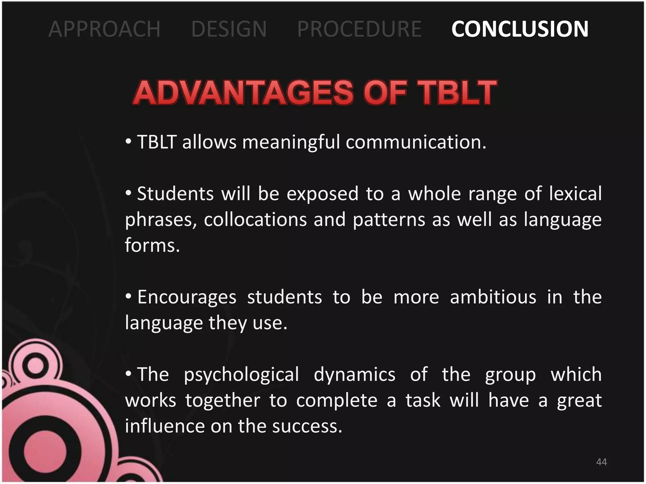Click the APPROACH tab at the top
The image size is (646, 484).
[x=104, y=29]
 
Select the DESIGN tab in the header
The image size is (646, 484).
[x=229, y=29]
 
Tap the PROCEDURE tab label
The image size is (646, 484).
[x=359, y=29]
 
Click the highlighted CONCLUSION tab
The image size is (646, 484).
[x=520, y=29]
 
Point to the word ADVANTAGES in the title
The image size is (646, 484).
[x=244, y=93]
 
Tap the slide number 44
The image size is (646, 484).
[x=602, y=462]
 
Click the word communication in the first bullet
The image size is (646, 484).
[x=415, y=142]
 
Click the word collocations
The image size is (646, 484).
[x=255, y=219]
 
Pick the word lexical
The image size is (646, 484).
[x=575, y=193]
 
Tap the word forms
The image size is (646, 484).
[x=152, y=245]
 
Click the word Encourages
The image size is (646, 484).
[x=187, y=297]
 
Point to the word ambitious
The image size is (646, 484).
[x=493, y=297]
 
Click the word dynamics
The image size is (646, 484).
[x=355, y=375]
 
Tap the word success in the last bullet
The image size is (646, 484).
[x=307, y=426]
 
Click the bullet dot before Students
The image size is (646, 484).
[x=128, y=193]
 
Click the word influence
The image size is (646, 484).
[x=165, y=426]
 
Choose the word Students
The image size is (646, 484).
[x=175, y=193]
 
